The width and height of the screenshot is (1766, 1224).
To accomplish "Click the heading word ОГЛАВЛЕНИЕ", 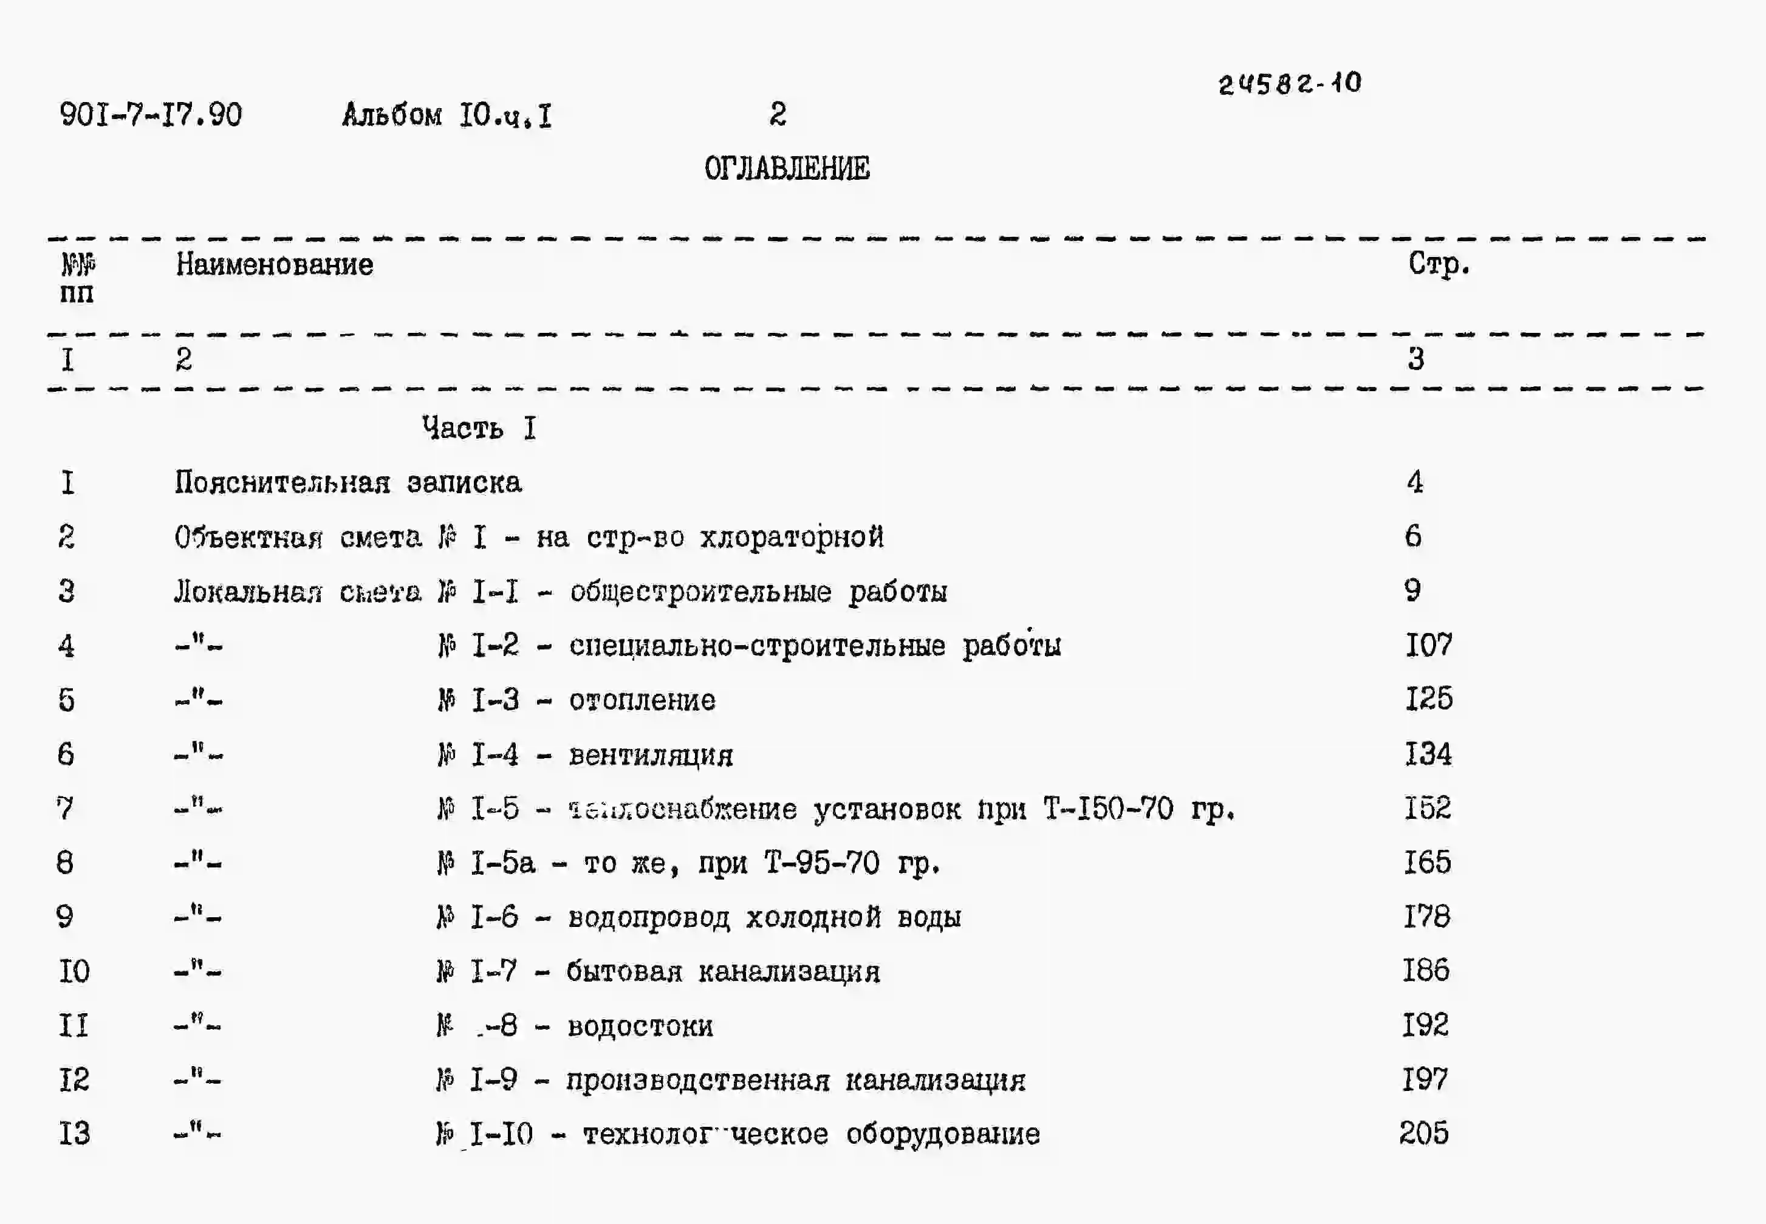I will pyautogui.click(x=787, y=169).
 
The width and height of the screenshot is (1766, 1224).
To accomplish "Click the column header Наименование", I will pyautogui.click(x=275, y=265).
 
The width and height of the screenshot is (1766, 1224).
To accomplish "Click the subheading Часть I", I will pyautogui.click(x=479, y=428).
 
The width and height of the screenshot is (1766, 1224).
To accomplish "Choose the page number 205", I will pyautogui.click(x=1424, y=1133).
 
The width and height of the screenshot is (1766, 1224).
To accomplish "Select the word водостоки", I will pyautogui.click(x=640, y=1026).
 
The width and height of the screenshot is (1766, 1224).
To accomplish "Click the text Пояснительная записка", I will pyautogui.click(x=348, y=482).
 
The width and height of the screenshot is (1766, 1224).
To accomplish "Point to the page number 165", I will pyautogui.click(x=1427, y=863).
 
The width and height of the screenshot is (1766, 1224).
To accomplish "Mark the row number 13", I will pyautogui.click(x=74, y=1133).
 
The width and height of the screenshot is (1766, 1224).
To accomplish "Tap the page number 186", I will pyautogui.click(x=1426, y=971).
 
